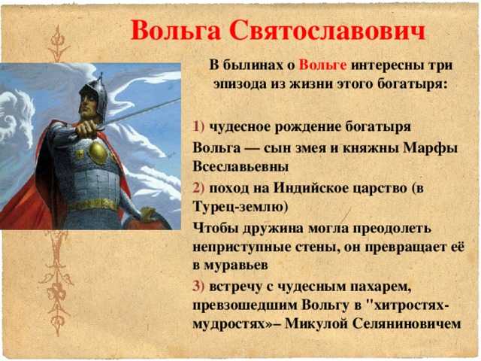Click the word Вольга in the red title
176,31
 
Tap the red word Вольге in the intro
323,65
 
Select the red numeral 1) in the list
198,126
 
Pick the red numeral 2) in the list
198,188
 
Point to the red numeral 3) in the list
198,286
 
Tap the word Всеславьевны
240,167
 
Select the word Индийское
310,188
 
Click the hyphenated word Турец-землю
240,207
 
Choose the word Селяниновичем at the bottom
407,323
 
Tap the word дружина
272,229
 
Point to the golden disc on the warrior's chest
98,152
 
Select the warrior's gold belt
94,205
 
